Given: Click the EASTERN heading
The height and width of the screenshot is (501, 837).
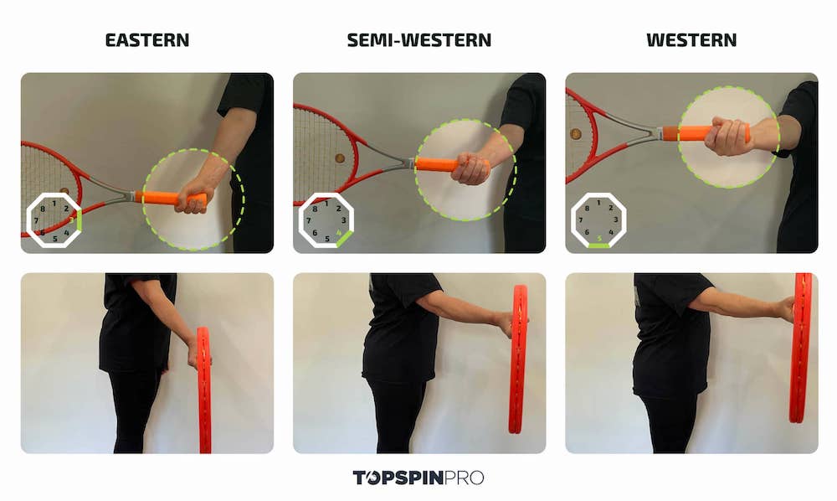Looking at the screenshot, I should (x=146, y=39).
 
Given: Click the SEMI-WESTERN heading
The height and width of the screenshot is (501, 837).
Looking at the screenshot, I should (x=418, y=39).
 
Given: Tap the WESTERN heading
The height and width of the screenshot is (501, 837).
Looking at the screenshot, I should (x=691, y=39).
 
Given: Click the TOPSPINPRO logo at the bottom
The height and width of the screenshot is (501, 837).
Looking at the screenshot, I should (x=418, y=478).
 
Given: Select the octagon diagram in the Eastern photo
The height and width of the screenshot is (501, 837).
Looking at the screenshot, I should (x=54, y=220).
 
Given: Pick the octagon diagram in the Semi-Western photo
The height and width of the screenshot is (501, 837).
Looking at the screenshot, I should (x=326, y=220).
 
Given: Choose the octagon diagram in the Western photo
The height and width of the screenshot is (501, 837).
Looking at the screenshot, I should (x=598, y=220).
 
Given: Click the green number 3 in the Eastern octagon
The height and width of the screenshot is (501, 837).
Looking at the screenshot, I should (x=72, y=220).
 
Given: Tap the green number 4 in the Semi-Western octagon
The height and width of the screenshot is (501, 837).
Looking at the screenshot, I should (x=338, y=232).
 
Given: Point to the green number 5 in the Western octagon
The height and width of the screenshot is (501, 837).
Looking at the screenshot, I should (x=598, y=238).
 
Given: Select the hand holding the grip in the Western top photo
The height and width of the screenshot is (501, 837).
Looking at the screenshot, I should (x=728, y=137).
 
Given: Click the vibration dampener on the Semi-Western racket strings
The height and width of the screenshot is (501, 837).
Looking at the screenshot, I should (x=338, y=158).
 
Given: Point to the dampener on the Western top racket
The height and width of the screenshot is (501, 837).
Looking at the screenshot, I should (x=576, y=133).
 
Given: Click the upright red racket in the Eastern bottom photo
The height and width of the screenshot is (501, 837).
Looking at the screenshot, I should (x=203, y=390).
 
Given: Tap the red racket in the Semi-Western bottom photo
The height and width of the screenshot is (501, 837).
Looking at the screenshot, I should (x=518, y=360).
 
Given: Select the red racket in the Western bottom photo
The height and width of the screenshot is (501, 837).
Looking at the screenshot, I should (x=800, y=348).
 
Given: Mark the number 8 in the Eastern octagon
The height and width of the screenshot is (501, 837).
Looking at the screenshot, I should (x=43, y=209).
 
